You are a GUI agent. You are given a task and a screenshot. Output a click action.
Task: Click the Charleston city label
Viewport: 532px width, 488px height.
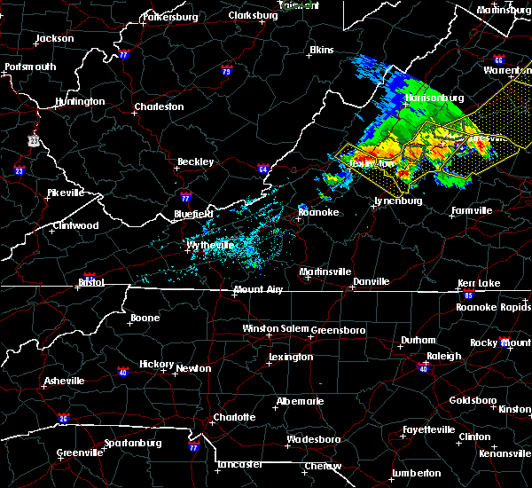pyautogui.click(x=159, y=107)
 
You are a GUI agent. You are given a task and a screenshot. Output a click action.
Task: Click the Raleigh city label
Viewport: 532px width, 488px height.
pyautogui.click(x=443, y=357)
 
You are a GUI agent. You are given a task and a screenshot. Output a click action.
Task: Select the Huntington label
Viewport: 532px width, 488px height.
pyautogui.click(x=79, y=102)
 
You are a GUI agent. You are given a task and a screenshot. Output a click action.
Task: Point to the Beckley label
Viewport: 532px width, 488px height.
pyautogui.click(x=195, y=162)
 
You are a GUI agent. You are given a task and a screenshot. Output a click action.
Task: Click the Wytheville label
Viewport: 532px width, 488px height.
pyautogui.click(x=210, y=245)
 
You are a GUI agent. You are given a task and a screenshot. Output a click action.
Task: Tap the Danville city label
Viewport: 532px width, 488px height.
pyautogui.click(x=371, y=282)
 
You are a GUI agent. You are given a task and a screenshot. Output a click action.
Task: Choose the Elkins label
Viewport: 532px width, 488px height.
pyautogui.click(x=320, y=51)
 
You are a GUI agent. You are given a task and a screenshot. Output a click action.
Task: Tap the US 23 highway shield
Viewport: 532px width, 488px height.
pyautogui.click(x=33, y=140)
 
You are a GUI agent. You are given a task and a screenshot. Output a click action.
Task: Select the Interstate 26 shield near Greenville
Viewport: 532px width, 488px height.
pyautogui.click(x=63, y=418)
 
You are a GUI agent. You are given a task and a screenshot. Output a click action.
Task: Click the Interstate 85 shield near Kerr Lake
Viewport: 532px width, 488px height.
pyautogui.click(x=468, y=294)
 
